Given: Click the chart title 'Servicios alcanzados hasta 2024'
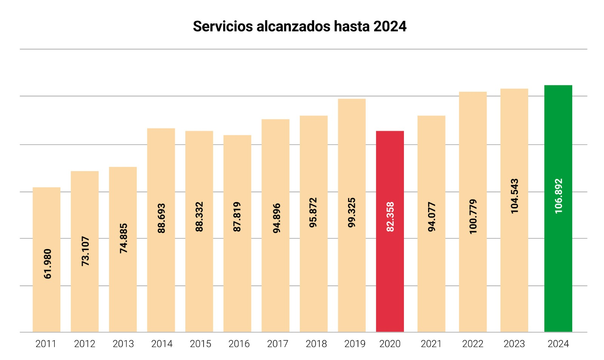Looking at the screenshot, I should point(299,26).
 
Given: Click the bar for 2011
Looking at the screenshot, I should point(46,302).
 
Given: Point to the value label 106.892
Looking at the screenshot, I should point(558,196).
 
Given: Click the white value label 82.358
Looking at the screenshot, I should point(390,217).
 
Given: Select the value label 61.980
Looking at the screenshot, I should point(47,264).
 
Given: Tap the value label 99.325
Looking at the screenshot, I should point(351,212).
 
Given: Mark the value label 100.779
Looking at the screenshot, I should point(473,216).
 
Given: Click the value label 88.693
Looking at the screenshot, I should point(161,218).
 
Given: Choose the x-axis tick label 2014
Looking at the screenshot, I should point(162,344).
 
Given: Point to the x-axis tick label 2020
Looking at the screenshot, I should point(390,344).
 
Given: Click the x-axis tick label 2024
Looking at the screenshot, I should point(558,344).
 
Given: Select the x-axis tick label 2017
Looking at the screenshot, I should point(277,344).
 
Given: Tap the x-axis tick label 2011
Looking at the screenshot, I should point(46,344).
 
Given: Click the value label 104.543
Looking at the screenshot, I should point(514,196).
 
